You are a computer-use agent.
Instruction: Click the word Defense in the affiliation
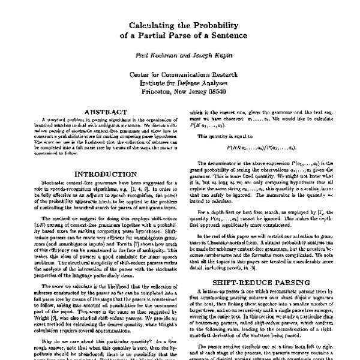click(199, 84)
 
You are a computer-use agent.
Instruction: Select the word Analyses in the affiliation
click(229, 84)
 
